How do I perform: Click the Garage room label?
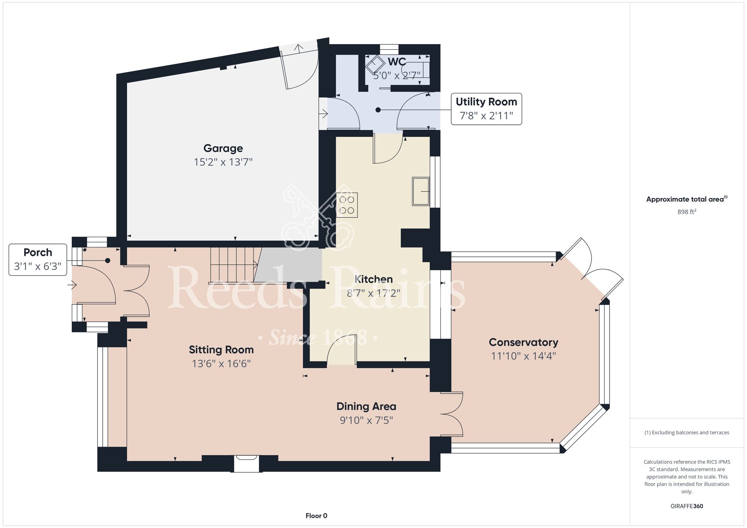coord(223,149)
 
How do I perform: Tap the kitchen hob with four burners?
coord(347,205)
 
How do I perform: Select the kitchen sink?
coord(421,192)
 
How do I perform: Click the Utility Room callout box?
coord(486,109)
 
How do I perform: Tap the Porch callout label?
coord(38,260)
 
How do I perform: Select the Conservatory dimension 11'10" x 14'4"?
coord(523,356)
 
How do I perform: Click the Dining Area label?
coord(366,406)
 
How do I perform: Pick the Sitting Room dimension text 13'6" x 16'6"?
coord(221,364)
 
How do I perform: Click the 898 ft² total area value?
coord(687,212)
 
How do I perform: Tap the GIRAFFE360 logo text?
coord(687,506)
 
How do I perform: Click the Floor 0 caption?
coord(316,516)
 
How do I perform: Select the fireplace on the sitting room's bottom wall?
coord(246,463)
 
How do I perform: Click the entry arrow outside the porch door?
coord(72,286)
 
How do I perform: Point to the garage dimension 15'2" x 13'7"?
coord(223,162)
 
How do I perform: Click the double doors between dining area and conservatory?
coord(452,414)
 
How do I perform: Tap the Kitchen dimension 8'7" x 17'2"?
coord(373,293)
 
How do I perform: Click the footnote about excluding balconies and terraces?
coord(687,432)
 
